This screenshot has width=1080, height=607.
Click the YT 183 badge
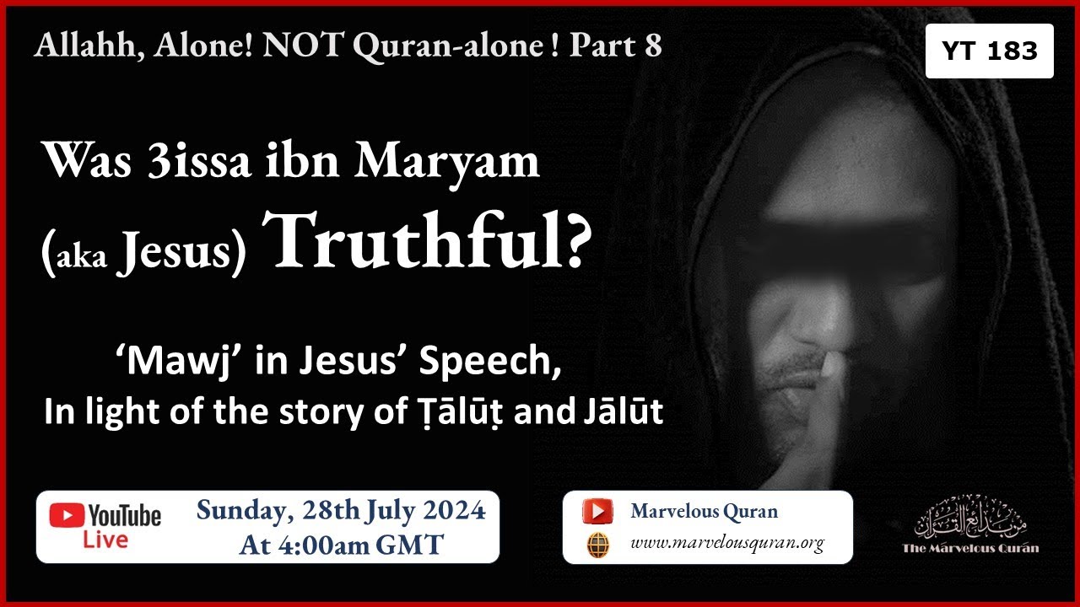coord(989,51)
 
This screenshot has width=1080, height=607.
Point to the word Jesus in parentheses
coord(173,254)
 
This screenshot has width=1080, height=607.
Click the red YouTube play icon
coord(67,515)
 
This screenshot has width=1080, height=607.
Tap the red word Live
coord(105,540)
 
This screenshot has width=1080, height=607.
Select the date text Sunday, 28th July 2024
coord(341,512)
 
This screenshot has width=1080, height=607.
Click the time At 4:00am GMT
coord(341,545)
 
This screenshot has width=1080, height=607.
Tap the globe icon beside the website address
coord(597,544)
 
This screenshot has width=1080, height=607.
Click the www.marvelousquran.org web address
coord(726,544)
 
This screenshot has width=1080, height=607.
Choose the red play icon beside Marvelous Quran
coord(597,511)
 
